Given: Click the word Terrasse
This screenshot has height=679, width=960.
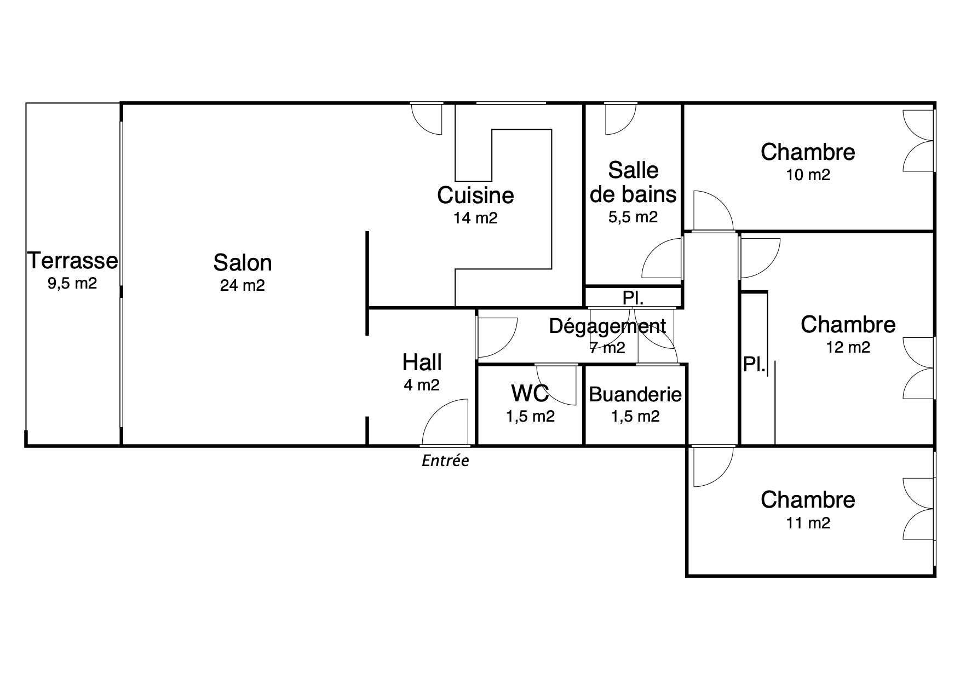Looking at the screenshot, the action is (73, 261).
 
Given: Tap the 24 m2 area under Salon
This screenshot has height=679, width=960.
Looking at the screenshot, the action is (243, 285).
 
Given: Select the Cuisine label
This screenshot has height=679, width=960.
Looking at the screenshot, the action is (475, 195).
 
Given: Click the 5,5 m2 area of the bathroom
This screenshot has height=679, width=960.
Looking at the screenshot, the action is (633, 217).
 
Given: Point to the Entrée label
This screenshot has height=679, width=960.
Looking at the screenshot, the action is (445, 461).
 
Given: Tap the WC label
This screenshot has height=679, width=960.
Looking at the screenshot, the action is (530, 393).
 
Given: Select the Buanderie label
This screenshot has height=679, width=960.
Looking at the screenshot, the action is (635, 394).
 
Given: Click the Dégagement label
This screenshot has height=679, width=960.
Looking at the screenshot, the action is (607, 326).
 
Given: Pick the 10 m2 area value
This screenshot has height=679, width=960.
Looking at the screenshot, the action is (808, 175).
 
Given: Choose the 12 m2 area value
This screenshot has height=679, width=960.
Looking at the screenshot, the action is (848, 348).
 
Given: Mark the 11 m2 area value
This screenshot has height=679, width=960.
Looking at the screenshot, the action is (808, 523).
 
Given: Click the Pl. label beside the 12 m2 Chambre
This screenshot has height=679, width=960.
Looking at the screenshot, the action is (754, 365).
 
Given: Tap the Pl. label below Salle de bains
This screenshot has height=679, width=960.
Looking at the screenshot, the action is (633, 298).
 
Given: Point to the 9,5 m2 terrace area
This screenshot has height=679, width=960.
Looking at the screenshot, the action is (73, 284).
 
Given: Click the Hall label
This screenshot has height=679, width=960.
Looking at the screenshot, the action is (422, 362).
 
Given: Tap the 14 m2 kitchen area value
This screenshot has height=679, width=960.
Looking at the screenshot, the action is (475, 218).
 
